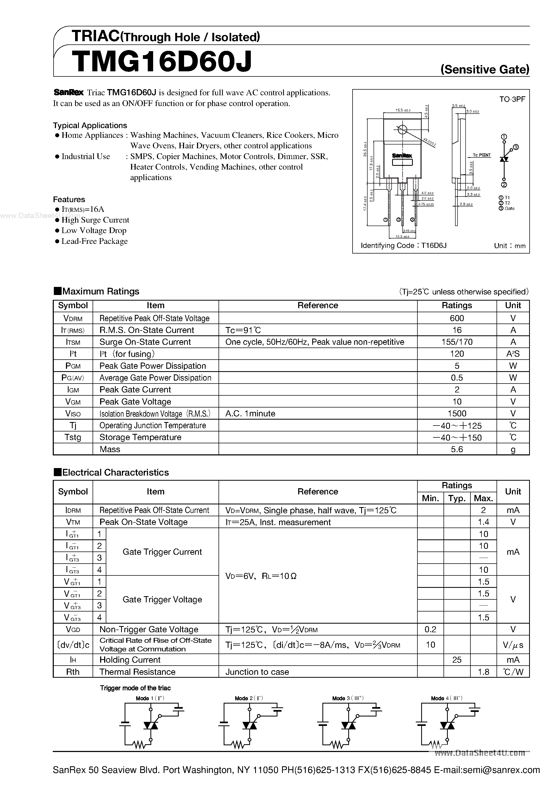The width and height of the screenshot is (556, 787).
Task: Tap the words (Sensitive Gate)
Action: [485, 70]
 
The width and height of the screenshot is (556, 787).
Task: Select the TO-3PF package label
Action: [512, 99]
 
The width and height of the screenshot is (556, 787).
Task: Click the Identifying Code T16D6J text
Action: [403, 245]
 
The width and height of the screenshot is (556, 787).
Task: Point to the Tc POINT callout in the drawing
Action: [482, 155]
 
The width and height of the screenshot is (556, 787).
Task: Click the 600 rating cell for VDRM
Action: [457, 318]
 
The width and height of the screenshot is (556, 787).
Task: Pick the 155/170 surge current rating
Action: [457, 342]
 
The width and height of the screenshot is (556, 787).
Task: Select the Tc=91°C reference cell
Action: [243, 330]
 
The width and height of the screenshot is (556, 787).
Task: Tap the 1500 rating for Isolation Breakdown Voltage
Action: [457, 413]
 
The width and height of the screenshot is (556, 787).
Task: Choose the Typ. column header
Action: [457, 498]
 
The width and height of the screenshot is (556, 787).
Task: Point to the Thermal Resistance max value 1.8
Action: [483, 672]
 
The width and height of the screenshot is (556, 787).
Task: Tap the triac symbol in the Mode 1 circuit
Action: [150, 725]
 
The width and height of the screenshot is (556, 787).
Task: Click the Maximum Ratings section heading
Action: [96, 291]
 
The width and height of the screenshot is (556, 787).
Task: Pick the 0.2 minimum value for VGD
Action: [430, 629]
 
